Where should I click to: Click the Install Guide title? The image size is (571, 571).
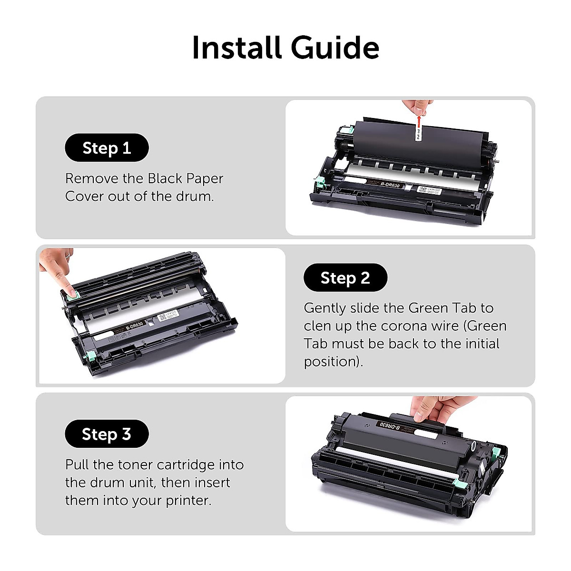285,48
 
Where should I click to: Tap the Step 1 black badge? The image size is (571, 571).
107,148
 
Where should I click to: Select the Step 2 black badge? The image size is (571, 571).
345,277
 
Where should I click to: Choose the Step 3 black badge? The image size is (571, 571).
107,434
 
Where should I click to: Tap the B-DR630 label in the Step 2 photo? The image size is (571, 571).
135,325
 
